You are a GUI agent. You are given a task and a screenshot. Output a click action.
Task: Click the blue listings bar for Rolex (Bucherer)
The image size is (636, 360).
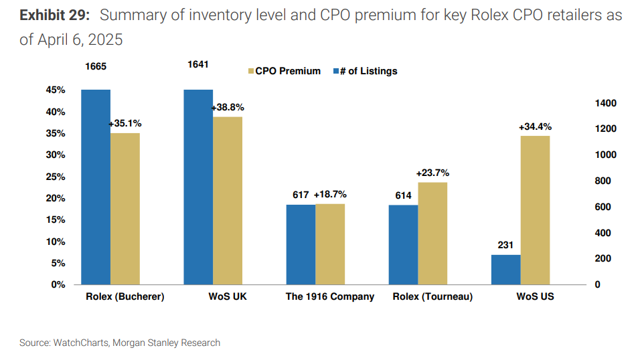[96, 187]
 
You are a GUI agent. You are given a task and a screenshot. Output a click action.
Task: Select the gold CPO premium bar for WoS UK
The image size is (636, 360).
[228, 201]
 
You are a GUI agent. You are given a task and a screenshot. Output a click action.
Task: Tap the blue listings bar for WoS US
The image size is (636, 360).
[505, 270]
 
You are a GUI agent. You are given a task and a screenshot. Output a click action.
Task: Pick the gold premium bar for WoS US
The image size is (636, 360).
[535, 210]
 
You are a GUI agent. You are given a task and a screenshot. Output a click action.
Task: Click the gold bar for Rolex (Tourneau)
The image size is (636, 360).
[432, 234]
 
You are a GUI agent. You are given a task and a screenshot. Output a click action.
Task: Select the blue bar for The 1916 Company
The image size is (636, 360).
[301, 245]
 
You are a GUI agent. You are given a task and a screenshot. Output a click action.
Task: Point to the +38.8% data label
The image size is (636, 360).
[228, 107]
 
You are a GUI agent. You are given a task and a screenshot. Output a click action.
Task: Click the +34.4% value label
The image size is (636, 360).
[535, 126]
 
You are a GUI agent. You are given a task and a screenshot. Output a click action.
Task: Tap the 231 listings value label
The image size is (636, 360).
[505, 246]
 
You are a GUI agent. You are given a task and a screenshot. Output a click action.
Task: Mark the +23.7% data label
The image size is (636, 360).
[432, 173]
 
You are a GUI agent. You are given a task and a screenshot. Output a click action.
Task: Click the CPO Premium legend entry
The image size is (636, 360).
[284, 71]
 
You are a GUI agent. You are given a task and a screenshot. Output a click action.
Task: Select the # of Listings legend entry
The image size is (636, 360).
[365, 71]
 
